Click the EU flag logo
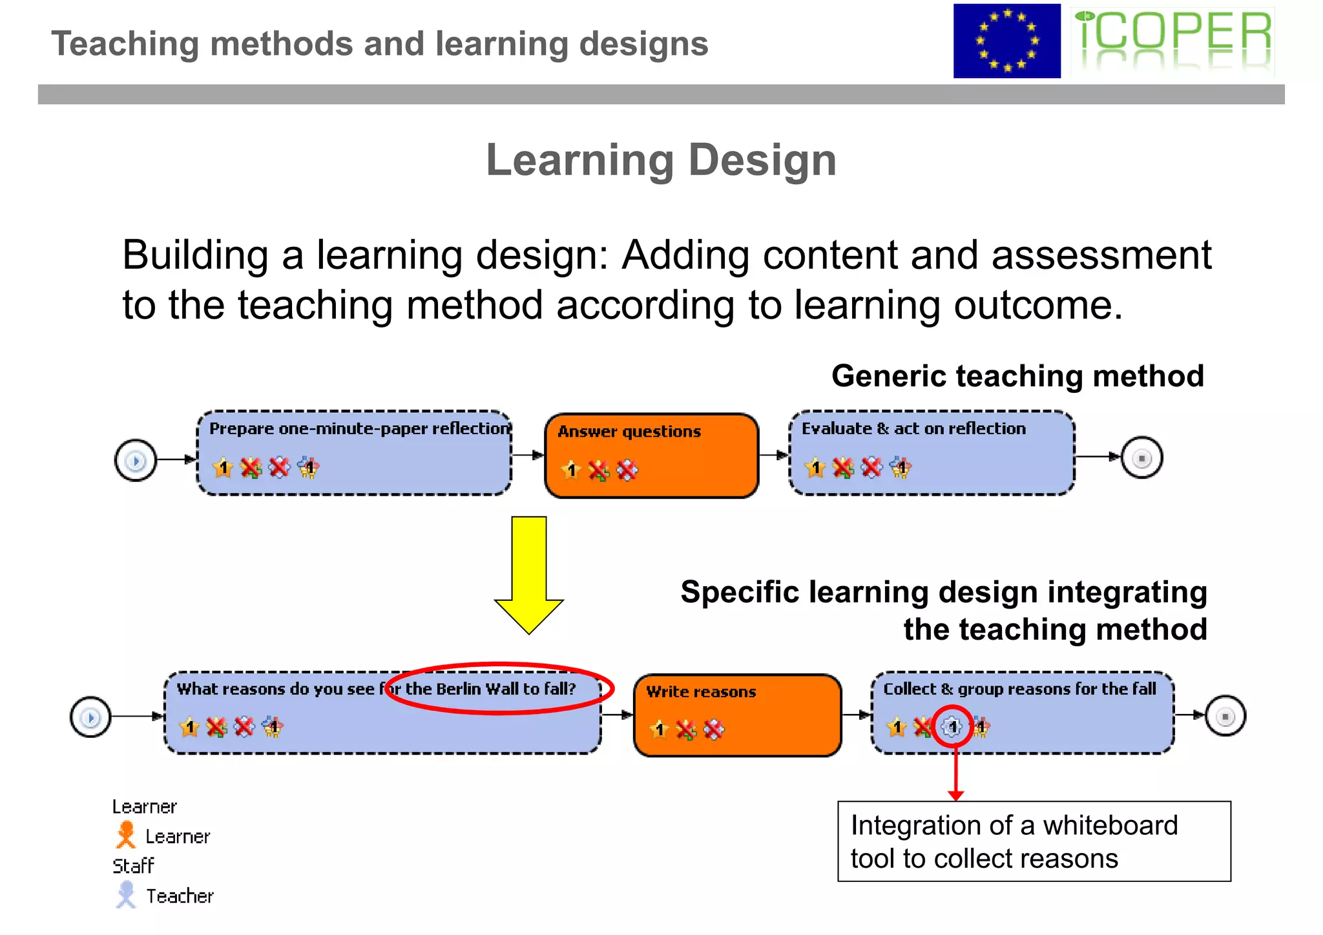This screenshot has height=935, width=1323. tap(1006, 41)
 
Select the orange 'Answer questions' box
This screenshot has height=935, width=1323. tap(651, 456)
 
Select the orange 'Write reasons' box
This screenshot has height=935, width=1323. tap(737, 715)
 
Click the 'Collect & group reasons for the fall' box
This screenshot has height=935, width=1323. tap(1022, 713)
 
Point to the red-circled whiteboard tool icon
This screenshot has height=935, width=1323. tap(952, 728)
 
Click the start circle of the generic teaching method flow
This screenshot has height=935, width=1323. tap(136, 461)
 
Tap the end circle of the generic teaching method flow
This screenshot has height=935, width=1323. tap(1141, 458)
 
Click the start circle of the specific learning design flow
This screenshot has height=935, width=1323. tap(90, 717)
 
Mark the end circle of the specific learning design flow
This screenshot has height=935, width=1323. tap(1225, 716)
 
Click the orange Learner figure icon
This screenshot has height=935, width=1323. tap(126, 835)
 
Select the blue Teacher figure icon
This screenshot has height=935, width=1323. tap(126, 894)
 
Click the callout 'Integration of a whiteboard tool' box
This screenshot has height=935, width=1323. tap(1034, 841)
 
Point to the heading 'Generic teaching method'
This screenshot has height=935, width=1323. tap(1017, 376)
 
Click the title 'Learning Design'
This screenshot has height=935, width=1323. tap(661, 160)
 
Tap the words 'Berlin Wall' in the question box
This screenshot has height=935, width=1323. tap(477, 689)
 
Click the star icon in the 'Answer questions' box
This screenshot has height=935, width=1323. tap(570, 470)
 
